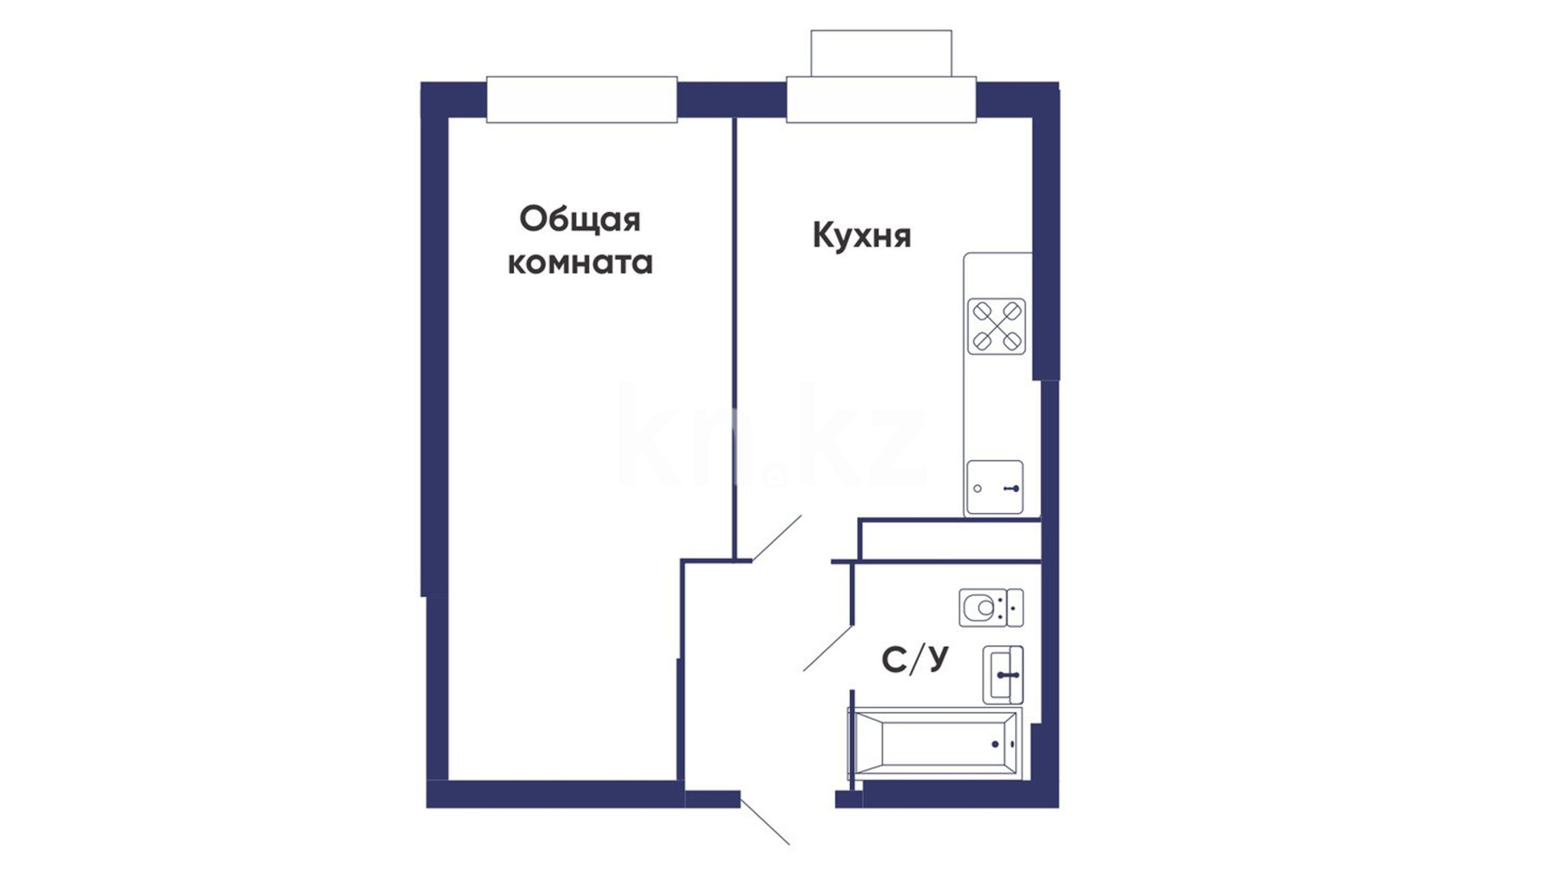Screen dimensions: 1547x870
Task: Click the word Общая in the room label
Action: click(x=579, y=220)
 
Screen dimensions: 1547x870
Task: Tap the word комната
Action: click(x=579, y=263)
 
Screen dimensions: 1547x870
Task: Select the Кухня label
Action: click(x=861, y=236)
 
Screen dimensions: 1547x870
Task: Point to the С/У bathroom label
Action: click(x=915, y=659)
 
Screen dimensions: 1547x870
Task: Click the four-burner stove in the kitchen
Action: click(x=997, y=326)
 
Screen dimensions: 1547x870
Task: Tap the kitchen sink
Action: click(x=995, y=487)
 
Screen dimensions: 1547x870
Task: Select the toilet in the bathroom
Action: click(x=991, y=607)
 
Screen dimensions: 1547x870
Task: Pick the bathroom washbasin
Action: click(x=1003, y=675)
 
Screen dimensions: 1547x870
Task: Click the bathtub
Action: click(x=935, y=744)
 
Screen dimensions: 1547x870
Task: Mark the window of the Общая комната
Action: click(x=582, y=100)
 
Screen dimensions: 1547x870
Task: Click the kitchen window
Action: click(x=881, y=100)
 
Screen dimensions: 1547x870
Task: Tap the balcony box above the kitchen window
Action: click(x=881, y=53)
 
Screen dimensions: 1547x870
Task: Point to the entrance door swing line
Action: click(x=765, y=821)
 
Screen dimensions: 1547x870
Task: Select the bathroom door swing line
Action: click(x=828, y=648)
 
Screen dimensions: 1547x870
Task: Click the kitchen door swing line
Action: click(x=777, y=538)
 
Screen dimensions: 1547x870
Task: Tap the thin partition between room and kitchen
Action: click(x=734, y=338)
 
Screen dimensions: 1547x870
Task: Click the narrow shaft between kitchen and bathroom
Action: click(x=950, y=540)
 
